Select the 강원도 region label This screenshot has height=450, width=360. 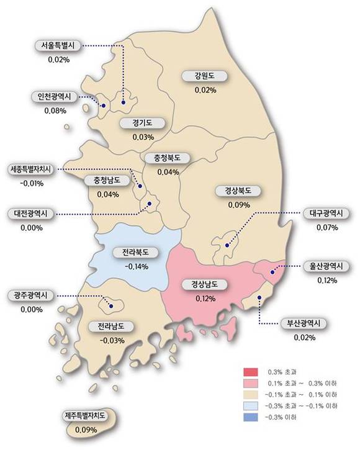[x=205, y=76]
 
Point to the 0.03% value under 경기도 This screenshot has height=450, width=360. [x=143, y=137]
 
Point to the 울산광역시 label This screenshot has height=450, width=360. [x=326, y=266]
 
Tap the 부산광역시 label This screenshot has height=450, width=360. [x=305, y=323]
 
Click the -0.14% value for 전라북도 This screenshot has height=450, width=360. [x=135, y=268]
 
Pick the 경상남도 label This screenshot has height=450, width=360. [x=205, y=285]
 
